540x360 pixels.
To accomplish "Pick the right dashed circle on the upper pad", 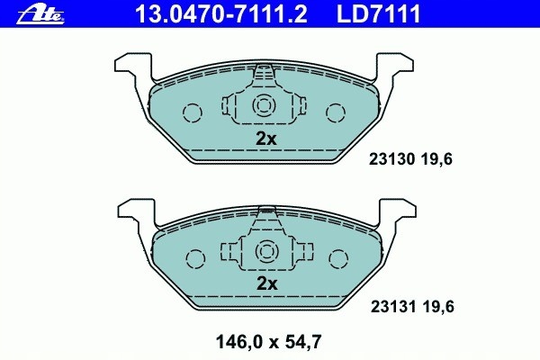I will [x=336, y=112].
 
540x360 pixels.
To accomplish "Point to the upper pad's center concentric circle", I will [x=265, y=105].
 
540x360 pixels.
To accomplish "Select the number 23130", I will [x=390, y=162].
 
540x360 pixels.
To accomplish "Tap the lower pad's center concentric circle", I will [x=265, y=251].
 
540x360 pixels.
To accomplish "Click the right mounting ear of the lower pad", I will [x=398, y=214].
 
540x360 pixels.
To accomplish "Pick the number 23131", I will [x=390, y=307].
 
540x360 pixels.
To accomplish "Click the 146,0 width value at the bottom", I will [x=235, y=341].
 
